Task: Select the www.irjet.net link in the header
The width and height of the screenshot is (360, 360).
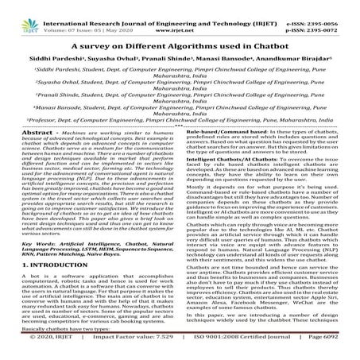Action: click(x=180, y=14)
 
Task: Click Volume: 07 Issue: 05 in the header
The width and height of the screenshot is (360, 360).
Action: click(x=77, y=14)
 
